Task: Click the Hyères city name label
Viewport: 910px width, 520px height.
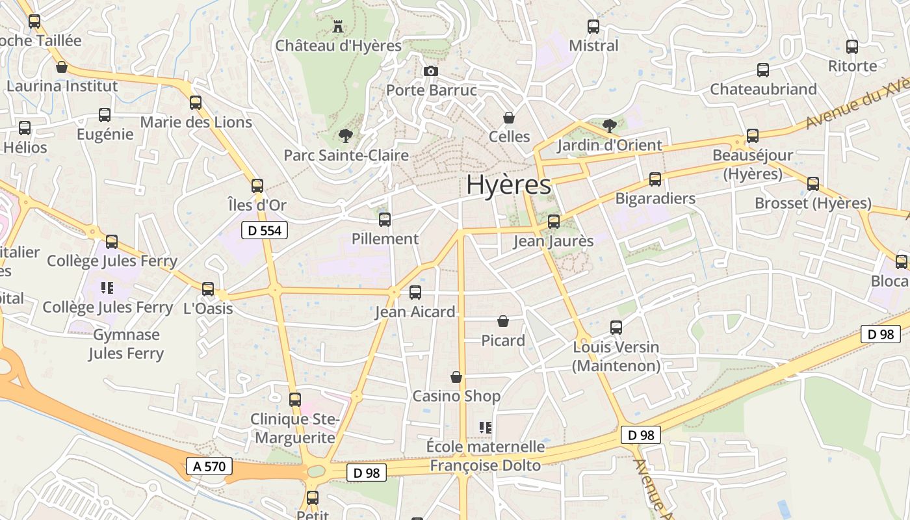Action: [508, 185]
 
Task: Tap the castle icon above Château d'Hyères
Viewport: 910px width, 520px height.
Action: [338, 27]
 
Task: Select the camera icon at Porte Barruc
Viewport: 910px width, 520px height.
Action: [430, 71]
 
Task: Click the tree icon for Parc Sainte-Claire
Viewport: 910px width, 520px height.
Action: [345, 136]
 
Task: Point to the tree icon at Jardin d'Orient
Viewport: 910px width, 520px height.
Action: [609, 125]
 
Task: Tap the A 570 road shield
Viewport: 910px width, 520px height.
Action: [209, 465]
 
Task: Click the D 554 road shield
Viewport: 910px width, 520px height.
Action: [265, 230]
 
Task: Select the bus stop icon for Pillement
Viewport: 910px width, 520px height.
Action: [385, 220]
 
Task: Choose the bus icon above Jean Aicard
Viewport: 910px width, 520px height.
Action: [415, 292]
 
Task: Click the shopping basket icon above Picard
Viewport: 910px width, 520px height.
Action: [502, 321]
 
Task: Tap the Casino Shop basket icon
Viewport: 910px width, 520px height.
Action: [456, 377]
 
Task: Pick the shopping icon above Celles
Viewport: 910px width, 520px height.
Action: [509, 118]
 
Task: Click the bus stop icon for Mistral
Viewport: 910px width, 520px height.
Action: [593, 27]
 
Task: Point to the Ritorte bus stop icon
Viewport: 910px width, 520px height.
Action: [852, 47]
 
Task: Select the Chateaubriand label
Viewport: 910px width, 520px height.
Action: [763, 89]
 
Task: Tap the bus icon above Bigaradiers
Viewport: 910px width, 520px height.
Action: [655, 179]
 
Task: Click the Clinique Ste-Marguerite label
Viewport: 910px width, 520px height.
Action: [295, 428]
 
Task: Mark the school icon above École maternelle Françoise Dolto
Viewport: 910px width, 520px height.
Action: [485, 428]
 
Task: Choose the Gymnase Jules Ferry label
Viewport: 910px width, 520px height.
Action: [126, 344]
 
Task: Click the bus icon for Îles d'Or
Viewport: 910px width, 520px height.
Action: [257, 186]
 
